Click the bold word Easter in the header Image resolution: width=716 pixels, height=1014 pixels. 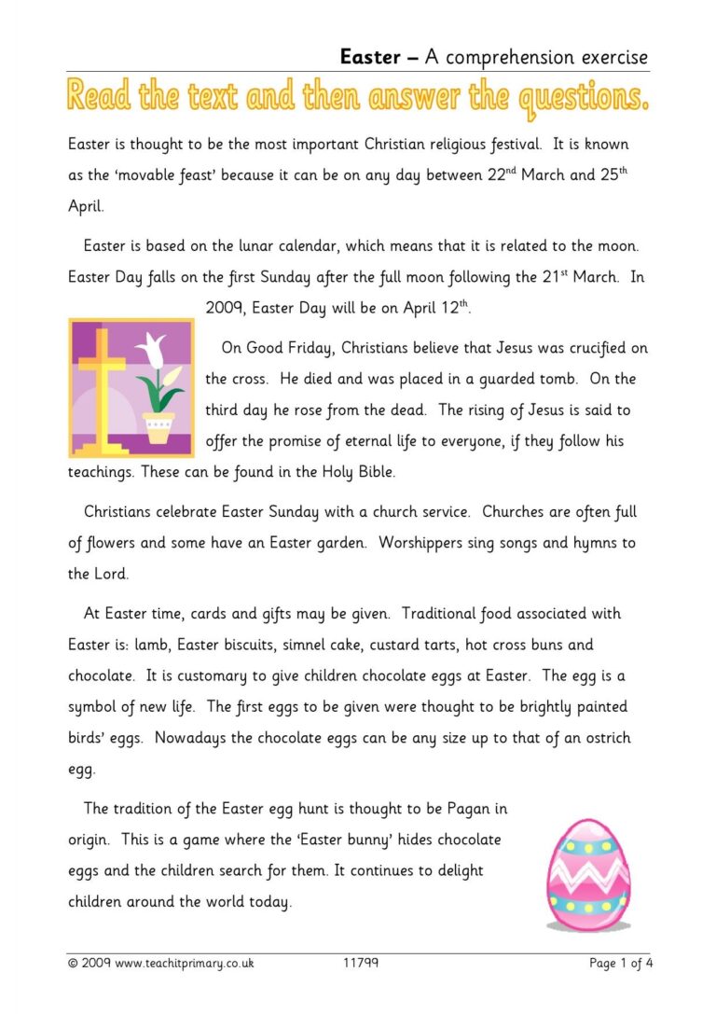[x=370, y=57]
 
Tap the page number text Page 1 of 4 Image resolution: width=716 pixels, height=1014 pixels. [x=621, y=964]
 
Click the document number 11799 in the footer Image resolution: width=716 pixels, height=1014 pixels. [x=360, y=964]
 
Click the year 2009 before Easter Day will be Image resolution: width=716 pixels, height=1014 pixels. [x=223, y=308]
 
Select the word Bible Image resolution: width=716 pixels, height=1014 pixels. [x=372, y=472]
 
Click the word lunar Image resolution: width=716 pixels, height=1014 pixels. [x=248, y=246]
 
